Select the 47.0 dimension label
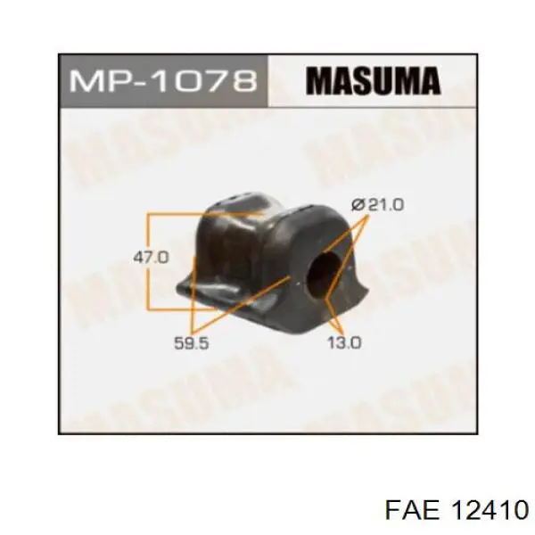(152, 258)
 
